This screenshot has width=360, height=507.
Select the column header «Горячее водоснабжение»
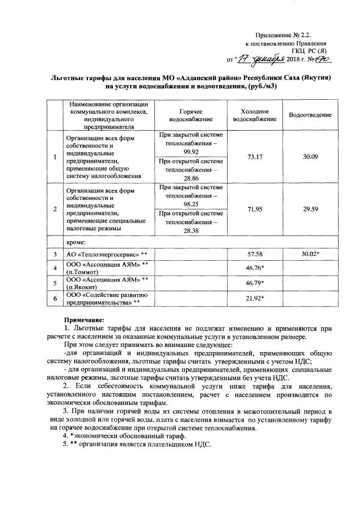[191, 115]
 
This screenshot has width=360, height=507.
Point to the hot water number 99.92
[191, 152]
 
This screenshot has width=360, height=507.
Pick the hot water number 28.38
[191, 230]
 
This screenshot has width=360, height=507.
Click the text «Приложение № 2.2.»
[291, 35]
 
